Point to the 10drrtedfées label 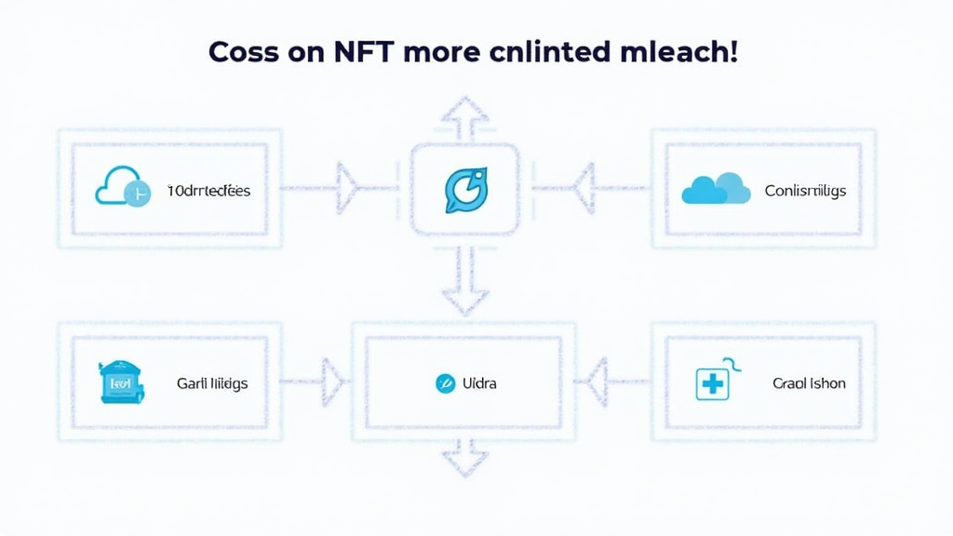[x=208, y=191]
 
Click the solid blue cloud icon [x=716, y=189]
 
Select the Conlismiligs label [x=805, y=191]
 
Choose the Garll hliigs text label [x=212, y=382]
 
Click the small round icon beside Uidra [x=445, y=382]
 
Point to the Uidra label [x=479, y=382]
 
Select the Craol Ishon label [x=809, y=382]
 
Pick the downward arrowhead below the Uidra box [x=463, y=462]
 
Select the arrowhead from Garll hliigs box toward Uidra [x=332, y=382]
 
